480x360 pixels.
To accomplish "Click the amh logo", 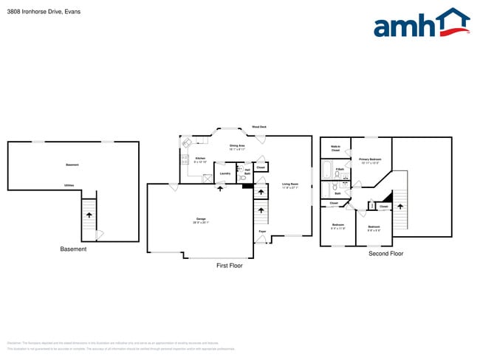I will [421, 24].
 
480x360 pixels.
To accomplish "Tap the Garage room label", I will [202, 220].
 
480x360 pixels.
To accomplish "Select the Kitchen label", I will [199, 159].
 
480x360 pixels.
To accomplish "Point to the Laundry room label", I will [224, 173].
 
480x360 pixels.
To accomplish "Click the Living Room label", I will [289, 185].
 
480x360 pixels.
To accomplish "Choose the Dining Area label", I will [237, 147].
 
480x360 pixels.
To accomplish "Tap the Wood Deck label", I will [259, 127].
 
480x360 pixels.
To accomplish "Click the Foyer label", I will [262, 232].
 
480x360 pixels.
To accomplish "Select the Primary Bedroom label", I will [370, 160].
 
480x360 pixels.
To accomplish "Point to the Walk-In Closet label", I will [335, 148].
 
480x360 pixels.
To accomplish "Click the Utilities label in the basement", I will [69, 185].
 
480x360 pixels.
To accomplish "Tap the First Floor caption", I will [229, 266].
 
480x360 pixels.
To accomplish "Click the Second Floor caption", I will [385, 254].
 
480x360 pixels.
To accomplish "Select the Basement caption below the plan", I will [73, 249].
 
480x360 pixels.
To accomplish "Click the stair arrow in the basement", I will [89, 214].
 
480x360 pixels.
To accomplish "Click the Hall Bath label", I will [247, 171].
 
